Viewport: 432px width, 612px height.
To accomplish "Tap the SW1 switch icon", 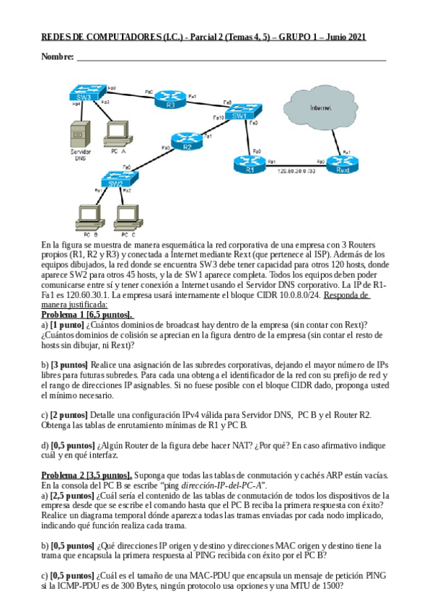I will [239, 113].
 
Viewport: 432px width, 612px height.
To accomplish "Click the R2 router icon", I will [187, 143].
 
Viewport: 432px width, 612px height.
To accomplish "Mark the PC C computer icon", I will [127, 216].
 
